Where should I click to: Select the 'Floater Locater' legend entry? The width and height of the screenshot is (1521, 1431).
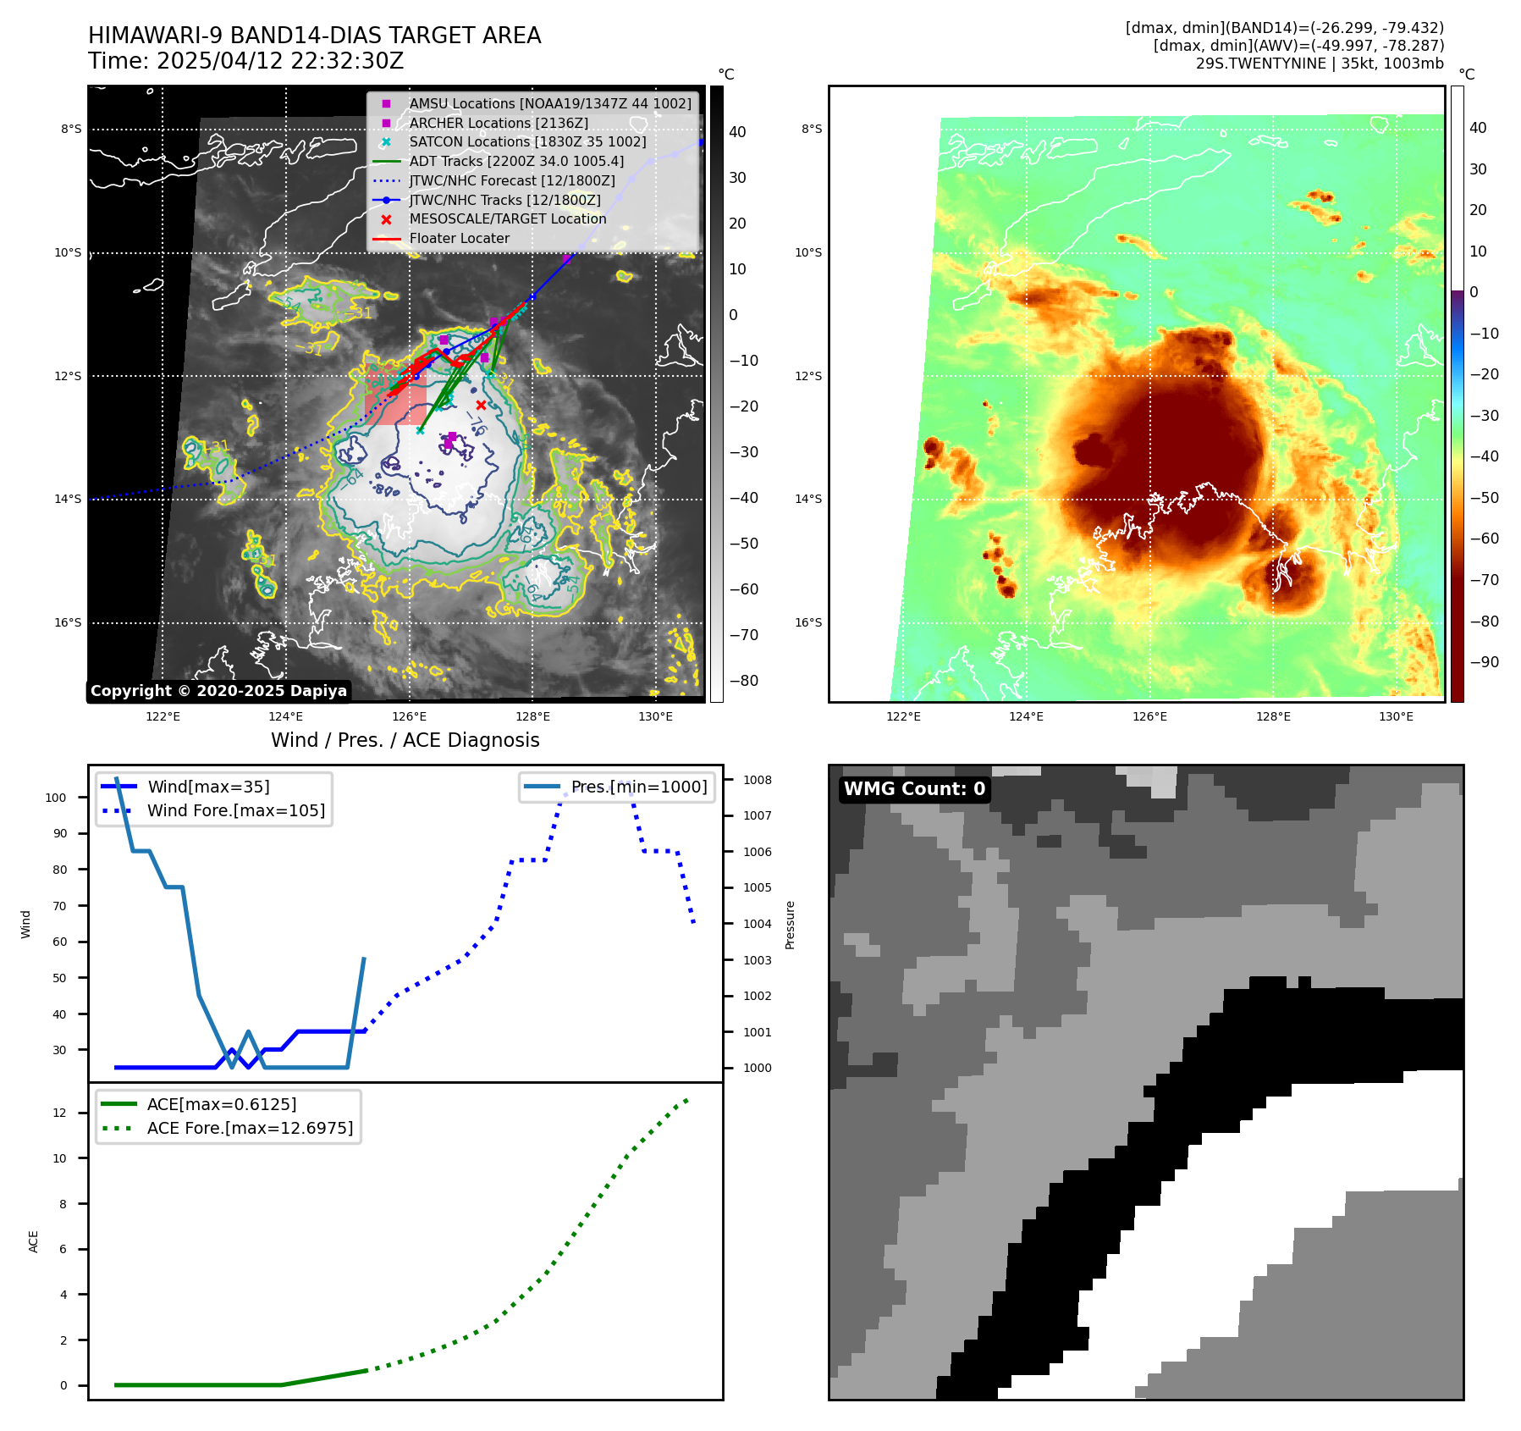pos(459,239)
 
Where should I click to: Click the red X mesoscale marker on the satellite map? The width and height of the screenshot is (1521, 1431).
pos(481,406)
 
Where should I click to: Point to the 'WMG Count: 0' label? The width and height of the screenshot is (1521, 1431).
pos(914,789)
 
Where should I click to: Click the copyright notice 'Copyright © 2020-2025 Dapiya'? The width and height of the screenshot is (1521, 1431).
pos(218,691)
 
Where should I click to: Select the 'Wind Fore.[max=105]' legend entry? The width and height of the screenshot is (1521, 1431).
pos(235,810)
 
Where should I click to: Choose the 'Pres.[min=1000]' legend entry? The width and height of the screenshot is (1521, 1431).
pos(638,787)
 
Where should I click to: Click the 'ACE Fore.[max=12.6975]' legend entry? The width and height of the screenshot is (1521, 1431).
pos(250,1128)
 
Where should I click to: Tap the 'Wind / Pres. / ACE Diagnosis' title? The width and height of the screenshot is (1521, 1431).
pos(405,740)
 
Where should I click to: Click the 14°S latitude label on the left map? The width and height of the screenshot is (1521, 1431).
pos(69,500)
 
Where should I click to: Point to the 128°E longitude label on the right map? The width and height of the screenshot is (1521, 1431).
pos(1273,716)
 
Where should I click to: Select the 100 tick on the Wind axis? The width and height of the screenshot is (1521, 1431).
pos(56,798)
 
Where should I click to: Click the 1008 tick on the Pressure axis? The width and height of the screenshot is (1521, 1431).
pos(758,780)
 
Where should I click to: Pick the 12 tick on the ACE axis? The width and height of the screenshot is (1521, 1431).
pos(59,1113)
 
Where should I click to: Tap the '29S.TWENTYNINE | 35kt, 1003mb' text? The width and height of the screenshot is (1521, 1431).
pos(1319,64)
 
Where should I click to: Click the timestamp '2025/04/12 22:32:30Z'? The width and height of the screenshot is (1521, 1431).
pos(280,61)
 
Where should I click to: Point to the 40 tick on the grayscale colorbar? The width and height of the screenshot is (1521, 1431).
pos(737,132)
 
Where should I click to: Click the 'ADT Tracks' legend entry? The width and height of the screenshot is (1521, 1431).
pos(516,161)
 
